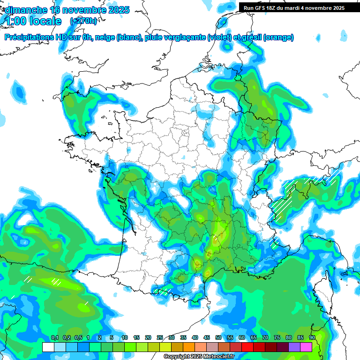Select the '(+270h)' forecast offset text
[x=83, y=21]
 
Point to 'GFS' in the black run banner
[x=262, y=8]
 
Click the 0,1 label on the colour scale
[x=55, y=337]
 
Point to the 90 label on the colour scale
[x=312, y=337]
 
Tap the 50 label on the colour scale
[x=218, y=337]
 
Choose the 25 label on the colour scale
[x=160, y=337]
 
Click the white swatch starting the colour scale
[x=48, y=347]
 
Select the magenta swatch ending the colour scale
[x=306, y=347]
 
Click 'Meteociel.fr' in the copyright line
[x=217, y=357]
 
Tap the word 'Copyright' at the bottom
[x=176, y=357]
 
